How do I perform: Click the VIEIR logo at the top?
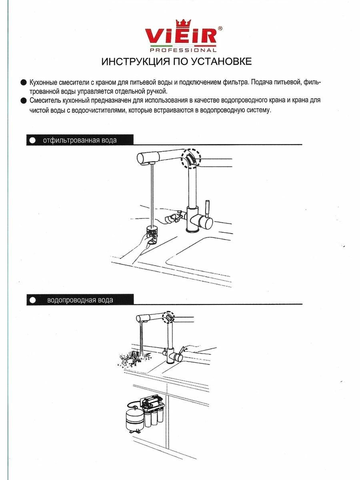point(181,37)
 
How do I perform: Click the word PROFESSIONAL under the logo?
point(183,50)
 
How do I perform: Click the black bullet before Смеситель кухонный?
point(23,100)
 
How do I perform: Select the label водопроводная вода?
point(80,300)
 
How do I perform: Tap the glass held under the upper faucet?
point(153,236)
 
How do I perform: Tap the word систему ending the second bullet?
point(258,110)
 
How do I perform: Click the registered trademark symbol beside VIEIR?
point(220,28)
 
